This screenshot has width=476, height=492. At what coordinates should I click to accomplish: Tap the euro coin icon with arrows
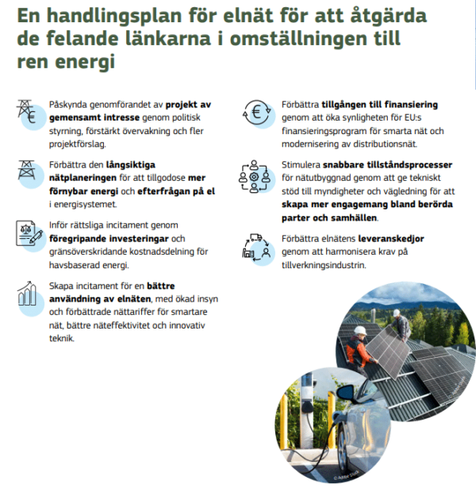click(256, 113)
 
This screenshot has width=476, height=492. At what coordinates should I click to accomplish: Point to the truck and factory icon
click(255, 245)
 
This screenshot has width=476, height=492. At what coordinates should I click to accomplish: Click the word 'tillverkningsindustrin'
click(324, 265)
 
